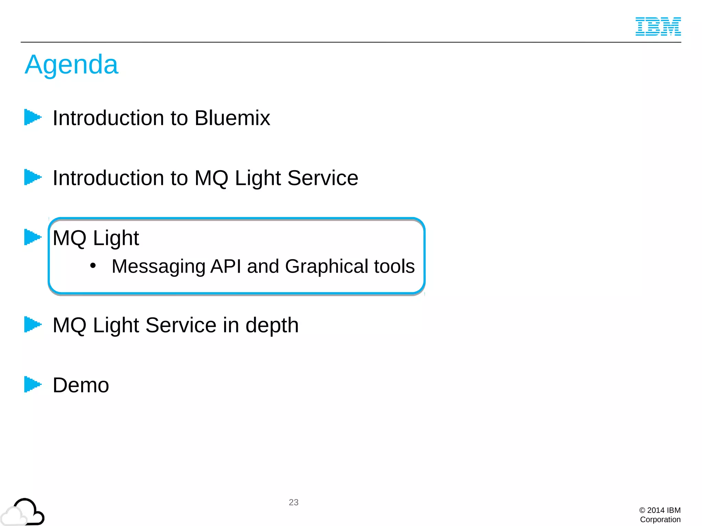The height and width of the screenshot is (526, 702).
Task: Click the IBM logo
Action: click(x=658, y=26)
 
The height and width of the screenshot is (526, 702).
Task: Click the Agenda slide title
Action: click(x=72, y=65)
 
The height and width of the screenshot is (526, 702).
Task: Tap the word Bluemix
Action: click(x=232, y=118)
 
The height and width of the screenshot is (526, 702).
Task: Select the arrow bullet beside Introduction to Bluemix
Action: click(x=33, y=117)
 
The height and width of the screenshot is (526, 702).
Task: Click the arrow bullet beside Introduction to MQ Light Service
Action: click(x=33, y=177)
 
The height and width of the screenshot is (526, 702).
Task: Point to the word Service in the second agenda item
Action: click(x=323, y=178)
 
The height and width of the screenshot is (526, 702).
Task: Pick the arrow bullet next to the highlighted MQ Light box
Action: click(x=33, y=237)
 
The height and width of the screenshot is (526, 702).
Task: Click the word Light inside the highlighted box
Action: click(x=116, y=238)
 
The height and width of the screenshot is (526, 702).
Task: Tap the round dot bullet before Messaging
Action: click(x=93, y=266)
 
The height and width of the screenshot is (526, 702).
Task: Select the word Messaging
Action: click(x=158, y=267)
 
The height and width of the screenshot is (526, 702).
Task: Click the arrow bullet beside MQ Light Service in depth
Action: click(x=33, y=324)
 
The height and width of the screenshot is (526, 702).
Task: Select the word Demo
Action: click(x=81, y=385)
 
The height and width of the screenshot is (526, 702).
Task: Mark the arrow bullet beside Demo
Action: click(x=33, y=384)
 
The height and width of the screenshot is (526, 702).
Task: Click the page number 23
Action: click(x=293, y=502)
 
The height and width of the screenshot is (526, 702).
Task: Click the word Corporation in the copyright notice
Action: click(x=660, y=519)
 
